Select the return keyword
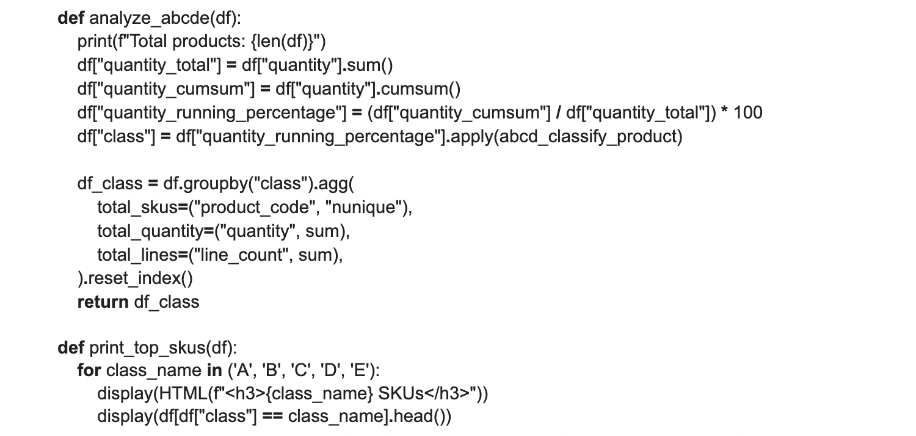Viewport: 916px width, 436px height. pyautogui.click(x=103, y=302)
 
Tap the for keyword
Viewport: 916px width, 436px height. pyautogui.click(x=89, y=370)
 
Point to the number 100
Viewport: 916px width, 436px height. pyautogui.click(x=748, y=113)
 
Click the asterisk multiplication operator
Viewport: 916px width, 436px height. pyautogui.click(x=724, y=111)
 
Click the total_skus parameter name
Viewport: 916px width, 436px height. pyautogui.click(x=137, y=208)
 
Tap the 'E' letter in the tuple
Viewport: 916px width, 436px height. pyautogui.click(x=360, y=370)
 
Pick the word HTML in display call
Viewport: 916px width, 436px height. pyautogui.click(x=183, y=393)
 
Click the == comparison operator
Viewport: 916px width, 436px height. pyautogui.click(x=272, y=417)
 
